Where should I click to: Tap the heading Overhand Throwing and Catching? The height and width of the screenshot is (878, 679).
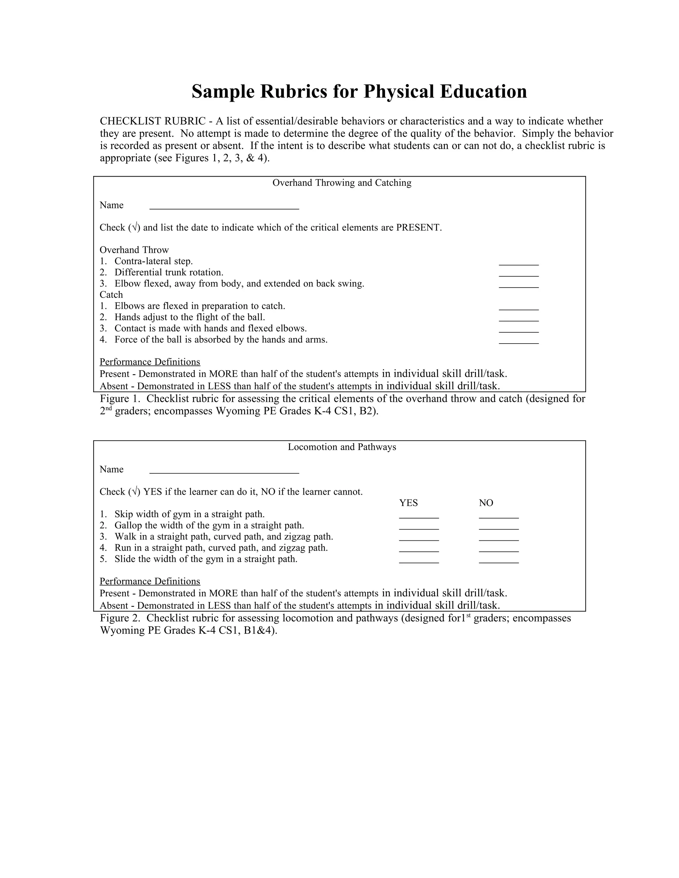342,183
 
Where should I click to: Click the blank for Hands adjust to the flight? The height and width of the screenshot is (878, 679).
519,319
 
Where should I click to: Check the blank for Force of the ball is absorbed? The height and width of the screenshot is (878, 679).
519,341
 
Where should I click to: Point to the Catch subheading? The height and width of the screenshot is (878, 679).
111,295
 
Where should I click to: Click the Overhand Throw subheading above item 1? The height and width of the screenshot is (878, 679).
134,250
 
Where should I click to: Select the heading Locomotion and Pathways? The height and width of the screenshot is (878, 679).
342,447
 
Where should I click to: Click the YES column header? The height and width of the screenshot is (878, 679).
408,503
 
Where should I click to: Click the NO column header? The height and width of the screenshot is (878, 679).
486,503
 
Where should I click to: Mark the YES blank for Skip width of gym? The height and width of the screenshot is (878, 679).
419,516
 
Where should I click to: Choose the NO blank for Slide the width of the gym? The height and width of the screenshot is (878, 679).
499,561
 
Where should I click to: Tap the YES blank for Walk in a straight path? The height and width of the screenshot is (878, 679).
419,538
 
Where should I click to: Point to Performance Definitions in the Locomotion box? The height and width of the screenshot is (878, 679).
150,581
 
